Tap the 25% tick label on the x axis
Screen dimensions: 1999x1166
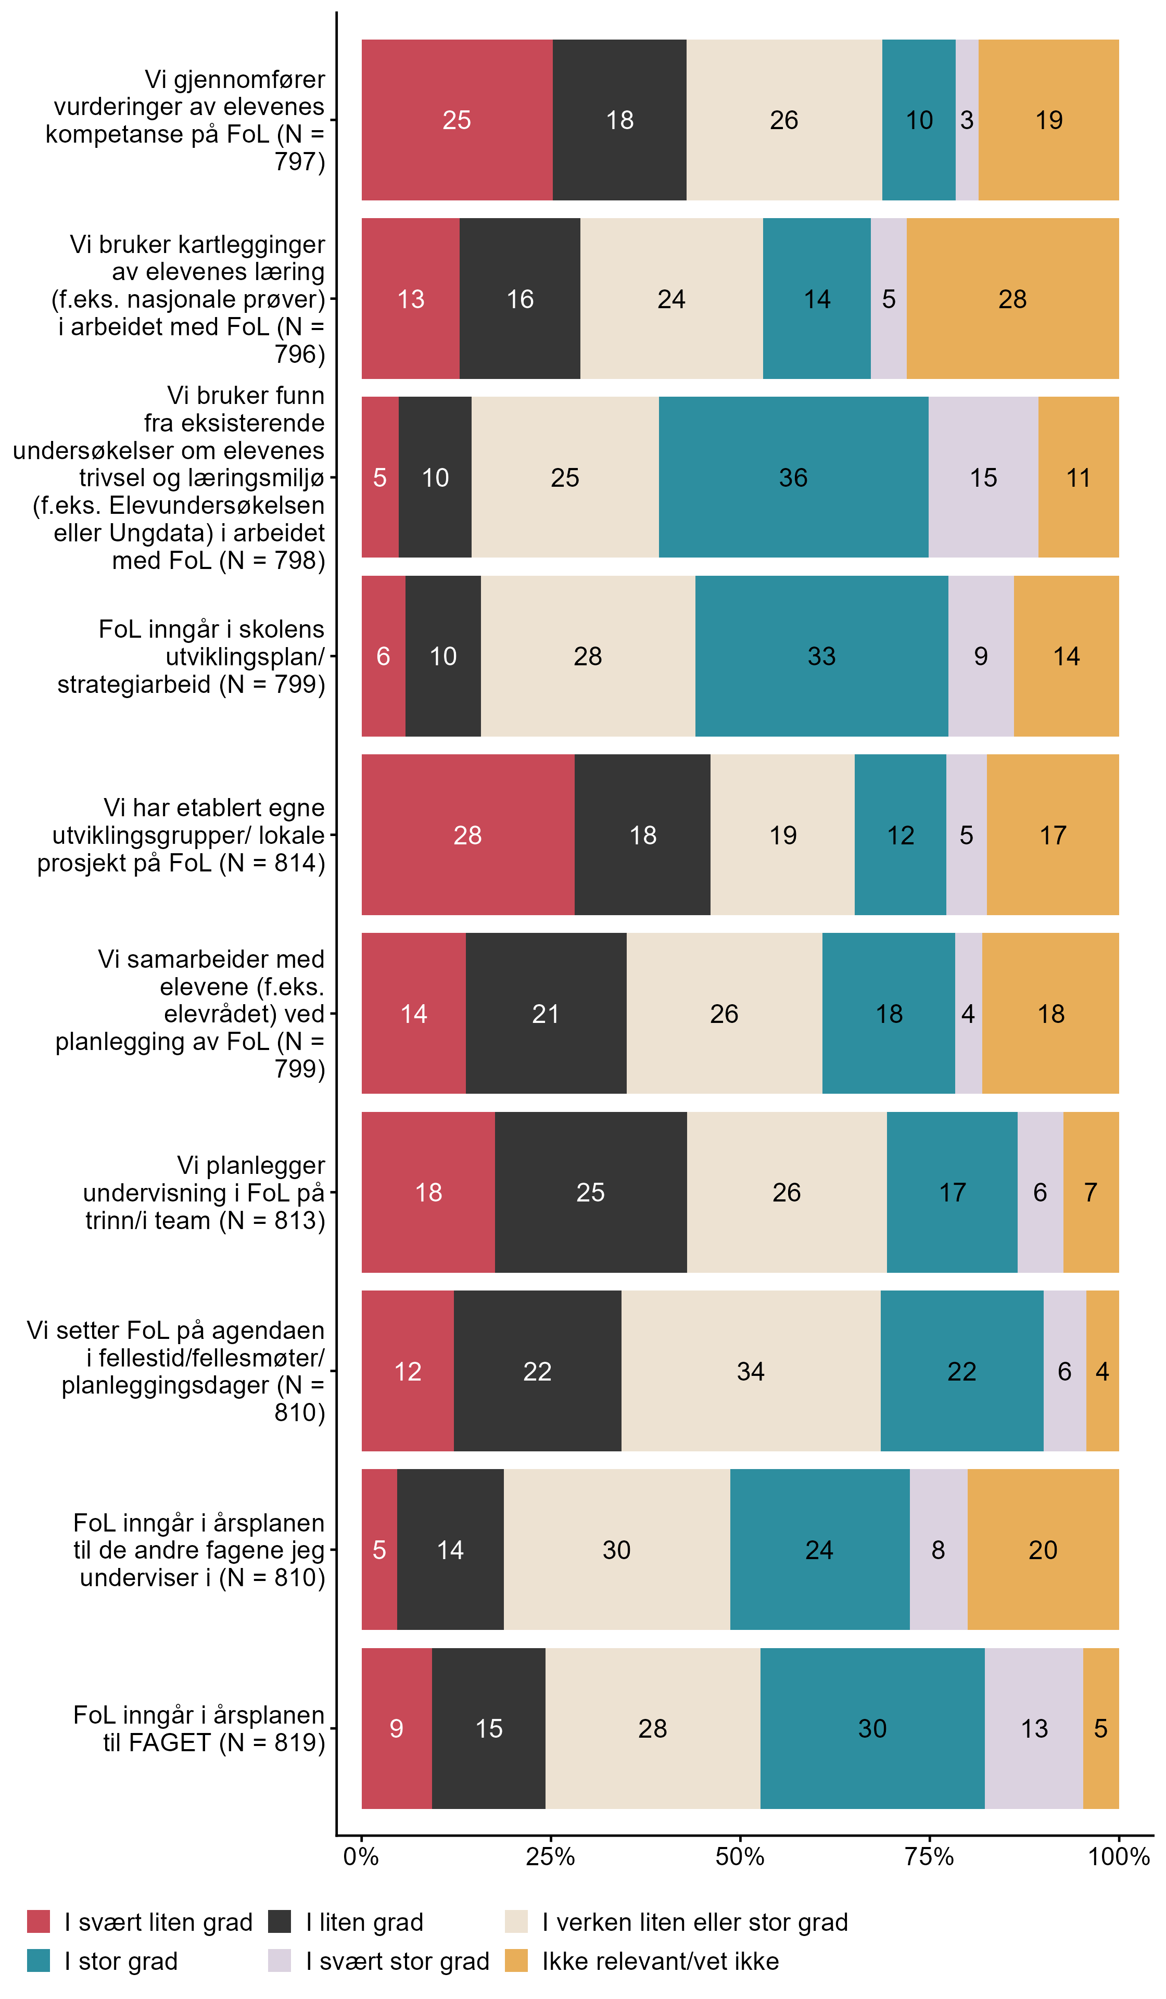[x=551, y=1856]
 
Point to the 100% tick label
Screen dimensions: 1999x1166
[x=1119, y=1856]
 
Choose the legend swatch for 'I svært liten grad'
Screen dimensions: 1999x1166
[x=38, y=1921]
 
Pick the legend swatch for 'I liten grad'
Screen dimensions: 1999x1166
[x=279, y=1921]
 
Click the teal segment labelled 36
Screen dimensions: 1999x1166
[x=793, y=477]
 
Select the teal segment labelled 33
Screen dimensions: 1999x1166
[x=822, y=656]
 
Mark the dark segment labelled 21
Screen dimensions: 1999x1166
[x=546, y=1013]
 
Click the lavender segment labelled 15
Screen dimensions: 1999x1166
[x=984, y=477]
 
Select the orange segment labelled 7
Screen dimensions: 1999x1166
[x=1091, y=1192]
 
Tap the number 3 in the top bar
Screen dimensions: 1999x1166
[x=967, y=120]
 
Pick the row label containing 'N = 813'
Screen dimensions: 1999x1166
[x=205, y=1192]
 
